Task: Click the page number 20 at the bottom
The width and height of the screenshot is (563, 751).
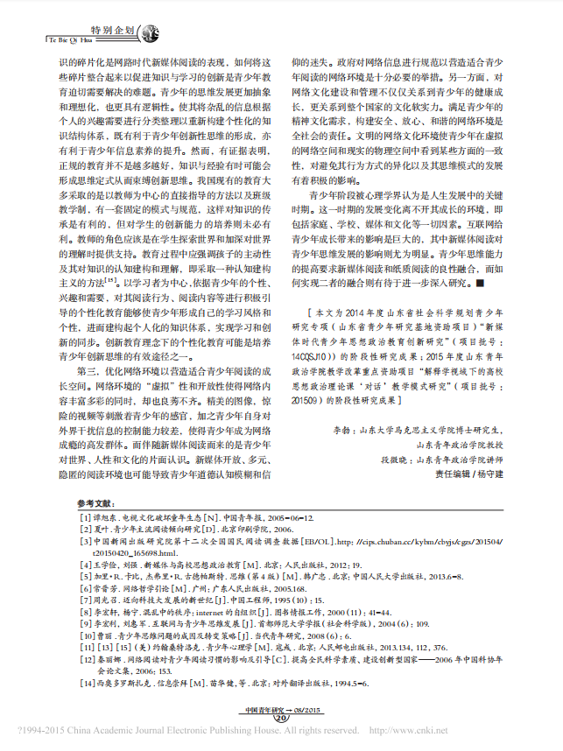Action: click(281, 719)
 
